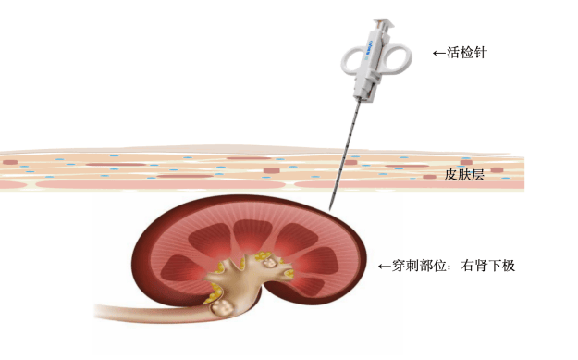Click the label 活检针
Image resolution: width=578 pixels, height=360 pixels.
(x=467, y=53)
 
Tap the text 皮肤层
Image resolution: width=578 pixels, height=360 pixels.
(x=465, y=174)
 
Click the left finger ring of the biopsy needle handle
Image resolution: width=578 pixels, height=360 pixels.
(x=350, y=62)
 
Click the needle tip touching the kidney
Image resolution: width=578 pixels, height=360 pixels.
(x=331, y=205)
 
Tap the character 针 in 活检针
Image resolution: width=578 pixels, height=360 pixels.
(x=480, y=53)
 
